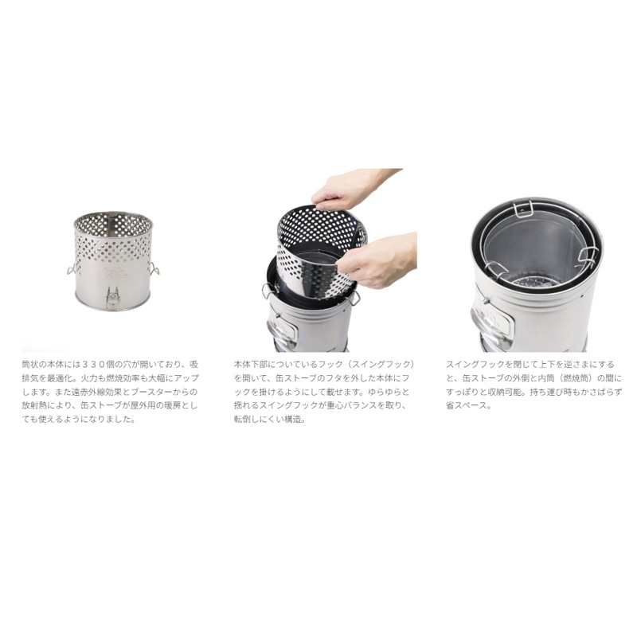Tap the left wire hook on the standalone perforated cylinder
pyautogui.click(x=71, y=269)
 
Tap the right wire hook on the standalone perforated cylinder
pyautogui.click(x=154, y=268)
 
